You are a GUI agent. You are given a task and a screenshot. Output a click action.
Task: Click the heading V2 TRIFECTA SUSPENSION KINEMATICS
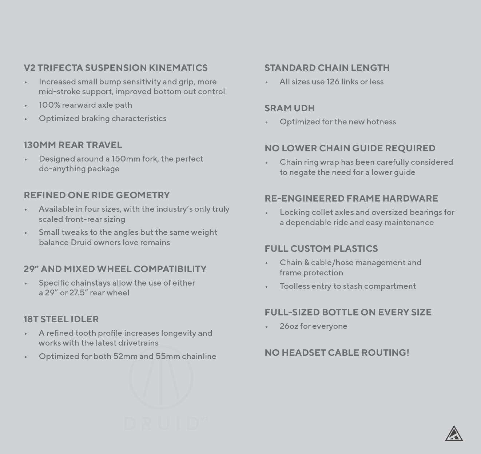tap(116, 68)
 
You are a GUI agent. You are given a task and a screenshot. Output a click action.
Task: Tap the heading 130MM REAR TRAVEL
tap(73, 145)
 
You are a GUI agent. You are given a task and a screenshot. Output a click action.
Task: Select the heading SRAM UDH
tap(290, 108)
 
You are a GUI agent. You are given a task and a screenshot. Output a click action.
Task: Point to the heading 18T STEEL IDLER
tap(61, 319)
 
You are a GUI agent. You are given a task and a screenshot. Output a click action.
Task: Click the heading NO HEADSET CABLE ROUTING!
tap(337, 353)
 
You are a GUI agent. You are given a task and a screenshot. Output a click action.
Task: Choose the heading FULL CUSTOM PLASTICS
tap(321, 249)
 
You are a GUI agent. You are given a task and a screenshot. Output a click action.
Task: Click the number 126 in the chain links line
tap(333, 82)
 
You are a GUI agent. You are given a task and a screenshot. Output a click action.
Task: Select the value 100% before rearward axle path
tap(49, 105)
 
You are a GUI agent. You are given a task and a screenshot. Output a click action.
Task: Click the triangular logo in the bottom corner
tap(454, 434)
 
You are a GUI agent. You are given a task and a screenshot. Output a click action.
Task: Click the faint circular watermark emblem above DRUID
tap(161, 378)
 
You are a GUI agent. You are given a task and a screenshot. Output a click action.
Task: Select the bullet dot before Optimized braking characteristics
tap(26, 119)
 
